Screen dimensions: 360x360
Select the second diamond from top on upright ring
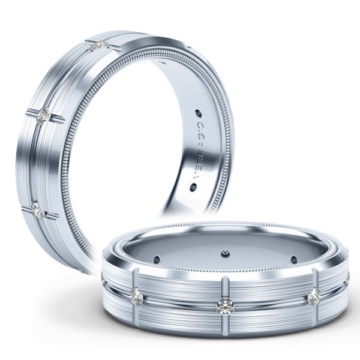coord(43,116)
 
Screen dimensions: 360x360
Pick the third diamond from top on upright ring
coord(37,210)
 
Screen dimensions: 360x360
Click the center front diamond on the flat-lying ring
coord(225,306)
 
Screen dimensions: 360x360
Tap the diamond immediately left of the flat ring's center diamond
coord(137,296)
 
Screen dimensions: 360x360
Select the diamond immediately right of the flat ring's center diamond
coord(313,297)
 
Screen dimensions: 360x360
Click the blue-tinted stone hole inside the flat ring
coord(226,253)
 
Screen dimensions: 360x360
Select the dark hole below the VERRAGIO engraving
coord(193,187)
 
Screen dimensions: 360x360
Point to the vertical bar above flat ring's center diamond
coord(225,287)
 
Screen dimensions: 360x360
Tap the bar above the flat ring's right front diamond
coord(314,279)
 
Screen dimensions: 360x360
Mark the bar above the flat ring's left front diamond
coord(136,279)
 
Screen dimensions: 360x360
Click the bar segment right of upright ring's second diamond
coord(57,119)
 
